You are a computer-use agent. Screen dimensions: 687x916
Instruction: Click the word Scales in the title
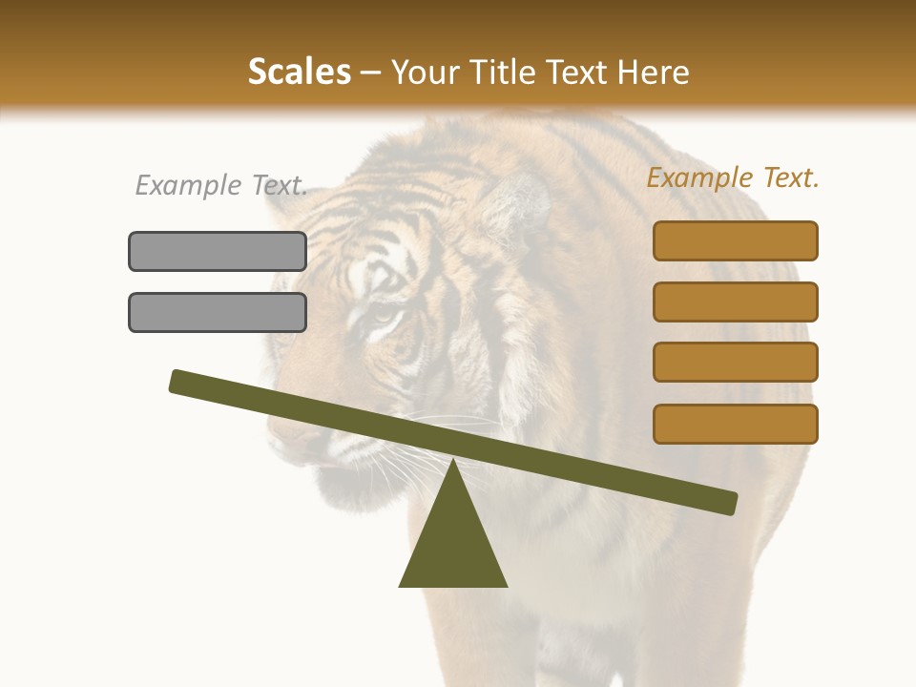click(x=299, y=72)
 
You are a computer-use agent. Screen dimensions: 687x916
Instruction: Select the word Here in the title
click(x=654, y=72)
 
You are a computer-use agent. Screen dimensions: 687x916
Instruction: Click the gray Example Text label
click(x=221, y=185)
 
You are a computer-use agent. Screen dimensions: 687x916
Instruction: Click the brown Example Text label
click(x=733, y=177)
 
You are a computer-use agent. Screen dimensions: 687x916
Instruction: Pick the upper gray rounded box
click(x=218, y=251)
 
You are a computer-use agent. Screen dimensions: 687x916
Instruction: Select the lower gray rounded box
click(x=218, y=312)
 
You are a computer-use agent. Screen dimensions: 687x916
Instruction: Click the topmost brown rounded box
click(x=735, y=240)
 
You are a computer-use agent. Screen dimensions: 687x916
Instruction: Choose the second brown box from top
click(x=735, y=302)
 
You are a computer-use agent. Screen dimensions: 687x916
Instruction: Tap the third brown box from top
click(x=735, y=362)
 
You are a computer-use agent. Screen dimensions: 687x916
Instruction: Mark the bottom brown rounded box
click(x=735, y=424)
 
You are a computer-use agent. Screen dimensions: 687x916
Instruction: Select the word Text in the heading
click(x=581, y=72)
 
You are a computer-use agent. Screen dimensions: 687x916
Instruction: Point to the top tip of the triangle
click(x=453, y=462)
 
